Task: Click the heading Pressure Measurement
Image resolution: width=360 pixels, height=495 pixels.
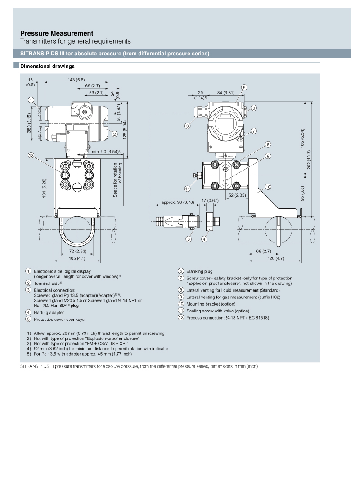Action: (x=57, y=33)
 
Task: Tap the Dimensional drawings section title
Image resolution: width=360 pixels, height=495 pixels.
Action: (x=47, y=66)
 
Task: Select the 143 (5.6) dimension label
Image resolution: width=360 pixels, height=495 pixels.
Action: (x=76, y=80)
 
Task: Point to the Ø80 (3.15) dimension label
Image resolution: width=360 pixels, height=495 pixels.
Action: (x=29, y=123)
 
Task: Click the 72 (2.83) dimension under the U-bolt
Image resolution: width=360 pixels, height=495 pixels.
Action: (x=78, y=251)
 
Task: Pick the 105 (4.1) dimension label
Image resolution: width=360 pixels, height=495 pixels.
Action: (x=77, y=258)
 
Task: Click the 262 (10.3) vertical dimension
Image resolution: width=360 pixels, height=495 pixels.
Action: (x=309, y=160)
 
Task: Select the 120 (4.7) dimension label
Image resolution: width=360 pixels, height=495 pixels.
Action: (x=276, y=258)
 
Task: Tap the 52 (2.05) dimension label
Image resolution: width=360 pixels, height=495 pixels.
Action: (x=237, y=195)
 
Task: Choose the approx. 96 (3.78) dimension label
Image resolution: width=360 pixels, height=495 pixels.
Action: (x=177, y=202)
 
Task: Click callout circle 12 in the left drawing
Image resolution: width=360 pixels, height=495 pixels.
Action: (x=31, y=155)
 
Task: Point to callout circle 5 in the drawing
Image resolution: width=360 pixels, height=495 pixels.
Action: (x=244, y=87)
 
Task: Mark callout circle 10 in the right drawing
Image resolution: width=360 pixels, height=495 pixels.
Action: (x=268, y=187)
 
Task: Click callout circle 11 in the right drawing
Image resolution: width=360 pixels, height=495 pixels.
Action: (x=188, y=189)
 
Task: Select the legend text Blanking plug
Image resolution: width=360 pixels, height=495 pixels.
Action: (x=199, y=271)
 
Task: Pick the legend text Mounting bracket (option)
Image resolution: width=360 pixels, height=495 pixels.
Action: (x=211, y=304)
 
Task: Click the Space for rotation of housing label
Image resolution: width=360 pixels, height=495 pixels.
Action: (x=117, y=180)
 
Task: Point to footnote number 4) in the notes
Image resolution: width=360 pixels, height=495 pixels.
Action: (x=29, y=349)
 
